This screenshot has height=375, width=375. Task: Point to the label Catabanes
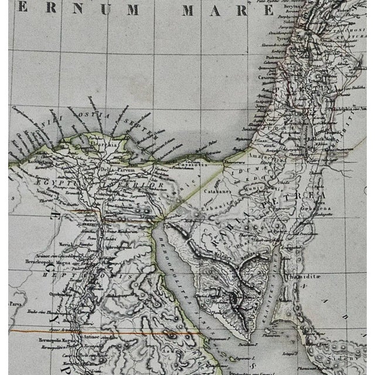[216, 190]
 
